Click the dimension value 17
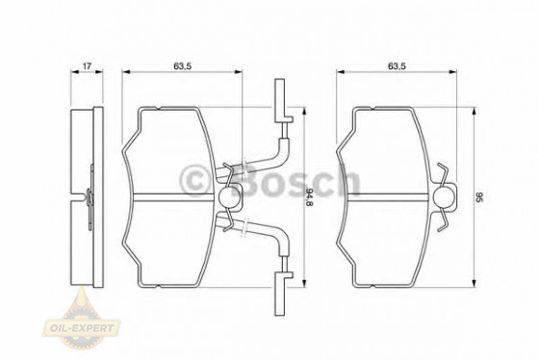tap(87, 67)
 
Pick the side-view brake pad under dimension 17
tap(88, 196)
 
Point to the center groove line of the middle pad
tap(173, 197)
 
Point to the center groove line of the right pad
tap(385, 197)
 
